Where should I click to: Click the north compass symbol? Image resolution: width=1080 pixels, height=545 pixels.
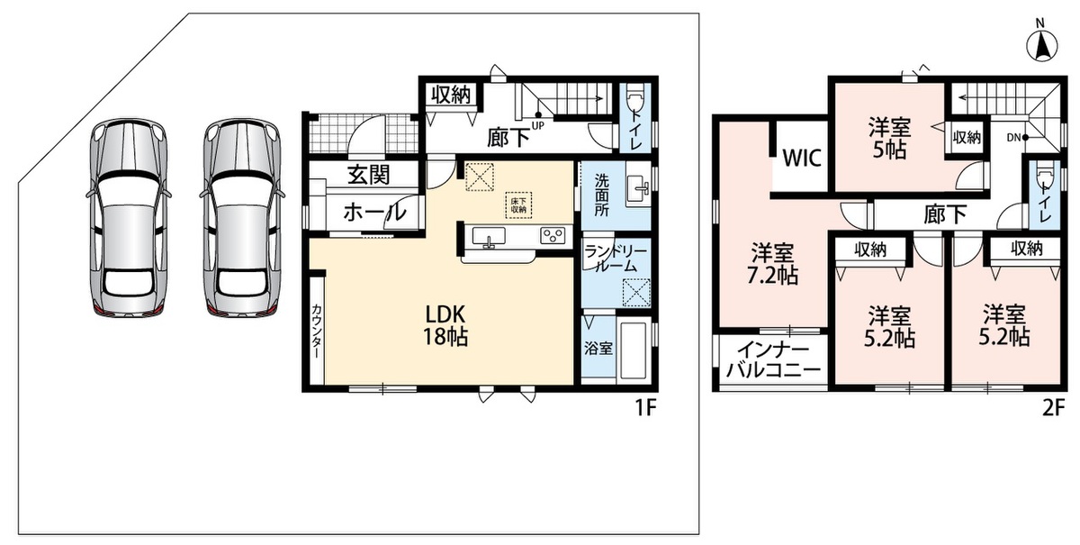(1042, 44)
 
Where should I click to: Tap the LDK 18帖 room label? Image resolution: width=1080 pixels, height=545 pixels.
(445, 325)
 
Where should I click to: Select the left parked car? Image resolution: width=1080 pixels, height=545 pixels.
(128, 218)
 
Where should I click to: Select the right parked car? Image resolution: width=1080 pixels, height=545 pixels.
(242, 218)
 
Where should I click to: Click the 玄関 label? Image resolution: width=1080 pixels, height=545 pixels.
(369, 175)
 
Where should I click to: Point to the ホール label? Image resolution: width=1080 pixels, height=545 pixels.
(374, 212)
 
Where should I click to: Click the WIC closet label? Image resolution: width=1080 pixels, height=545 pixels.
(802, 158)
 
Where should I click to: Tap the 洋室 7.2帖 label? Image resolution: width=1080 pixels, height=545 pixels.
(772, 264)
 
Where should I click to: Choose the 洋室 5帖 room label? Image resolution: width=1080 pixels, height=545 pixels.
(889, 138)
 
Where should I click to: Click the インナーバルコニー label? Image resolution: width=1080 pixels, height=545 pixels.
(773, 359)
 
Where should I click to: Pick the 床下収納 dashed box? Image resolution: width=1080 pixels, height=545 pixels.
(518, 205)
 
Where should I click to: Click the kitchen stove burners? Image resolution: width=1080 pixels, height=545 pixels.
(553, 236)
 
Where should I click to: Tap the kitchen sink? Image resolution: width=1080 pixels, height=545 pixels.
(489, 237)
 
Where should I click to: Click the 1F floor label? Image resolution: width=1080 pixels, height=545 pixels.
(645, 408)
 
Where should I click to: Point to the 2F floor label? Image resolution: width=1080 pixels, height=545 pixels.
(1053, 408)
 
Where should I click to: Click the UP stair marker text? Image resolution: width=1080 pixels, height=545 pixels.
(538, 126)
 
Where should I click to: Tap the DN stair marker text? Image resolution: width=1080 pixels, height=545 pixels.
(1014, 138)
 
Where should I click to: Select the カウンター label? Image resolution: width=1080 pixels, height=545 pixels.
(316, 331)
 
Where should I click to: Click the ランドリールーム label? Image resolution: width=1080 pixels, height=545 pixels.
(616, 259)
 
